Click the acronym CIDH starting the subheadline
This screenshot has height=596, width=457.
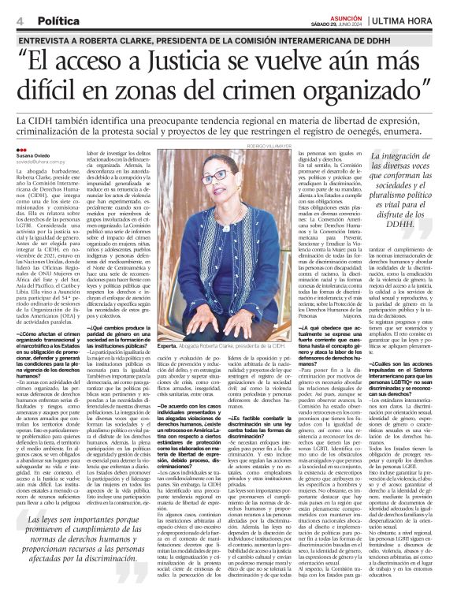(x=43, y=119)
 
